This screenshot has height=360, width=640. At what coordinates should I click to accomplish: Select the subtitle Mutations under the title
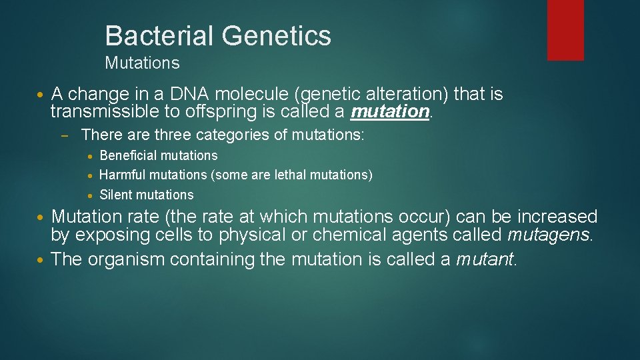[x=142, y=63]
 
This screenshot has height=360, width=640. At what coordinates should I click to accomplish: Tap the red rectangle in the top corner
[x=565, y=30]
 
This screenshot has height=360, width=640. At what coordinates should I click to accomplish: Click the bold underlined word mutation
[x=390, y=111]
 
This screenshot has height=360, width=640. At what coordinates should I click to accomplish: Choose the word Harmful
[x=123, y=175]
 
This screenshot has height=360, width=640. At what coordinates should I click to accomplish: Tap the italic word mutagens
[x=549, y=235]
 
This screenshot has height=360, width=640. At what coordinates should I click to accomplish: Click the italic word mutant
[x=485, y=259]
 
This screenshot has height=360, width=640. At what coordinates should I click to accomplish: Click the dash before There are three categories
[x=64, y=135]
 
